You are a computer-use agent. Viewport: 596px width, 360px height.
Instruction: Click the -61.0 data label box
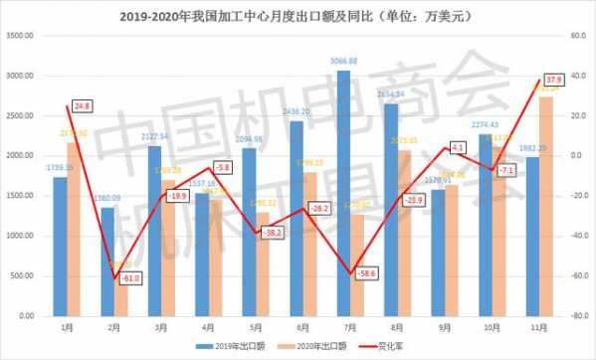129,279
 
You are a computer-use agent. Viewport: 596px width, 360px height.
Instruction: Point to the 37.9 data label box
555,80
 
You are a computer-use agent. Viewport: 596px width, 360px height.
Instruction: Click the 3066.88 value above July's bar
343,62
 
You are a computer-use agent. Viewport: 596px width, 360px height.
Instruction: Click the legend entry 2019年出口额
236,346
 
